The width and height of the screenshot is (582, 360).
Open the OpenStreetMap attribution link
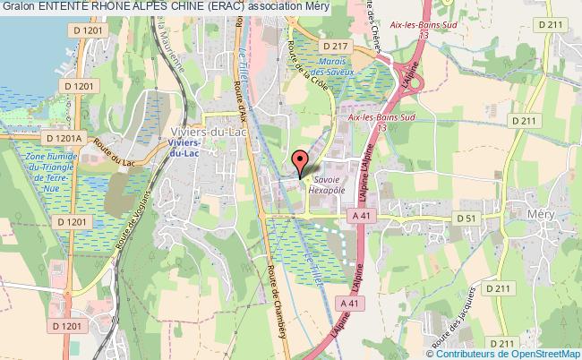(x=543, y=352)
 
